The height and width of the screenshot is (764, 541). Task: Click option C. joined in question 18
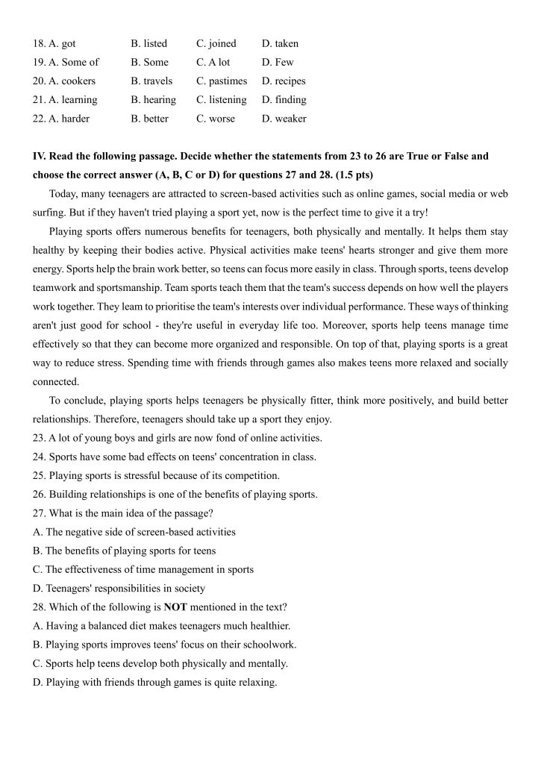click(216, 43)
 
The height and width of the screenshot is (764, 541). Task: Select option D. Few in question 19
click(278, 62)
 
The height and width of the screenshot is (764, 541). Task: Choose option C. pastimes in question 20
click(221, 81)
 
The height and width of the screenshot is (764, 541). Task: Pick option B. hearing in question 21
click(153, 99)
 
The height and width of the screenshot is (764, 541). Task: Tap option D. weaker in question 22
click(284, 118)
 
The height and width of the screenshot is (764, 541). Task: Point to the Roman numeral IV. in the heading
click(40, 156)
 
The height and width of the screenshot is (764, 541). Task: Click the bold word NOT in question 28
click(175, 607)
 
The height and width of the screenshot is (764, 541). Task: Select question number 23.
click(40, 437)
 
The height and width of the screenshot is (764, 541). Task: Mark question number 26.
click(40, 493)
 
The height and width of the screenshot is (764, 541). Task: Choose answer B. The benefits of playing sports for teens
click(125, 551)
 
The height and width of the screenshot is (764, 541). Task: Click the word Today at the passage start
click(64, 193)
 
